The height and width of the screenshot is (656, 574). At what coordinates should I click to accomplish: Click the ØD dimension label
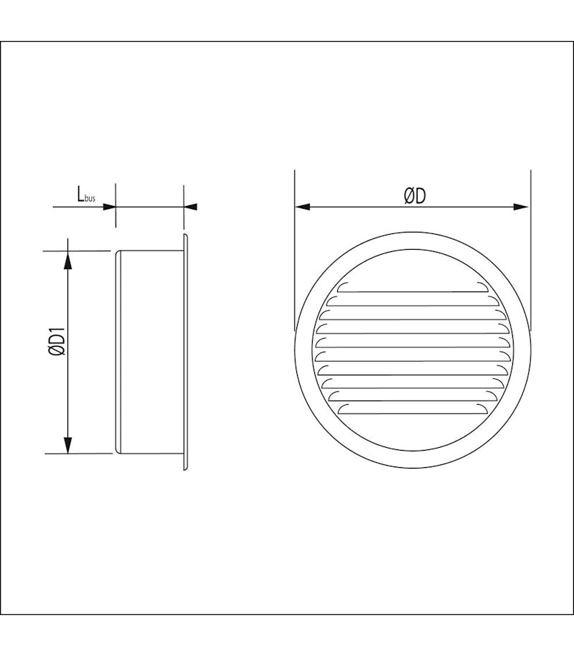[x=415, y=195]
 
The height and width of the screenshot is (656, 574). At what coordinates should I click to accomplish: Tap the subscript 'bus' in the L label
[x=90, y=198]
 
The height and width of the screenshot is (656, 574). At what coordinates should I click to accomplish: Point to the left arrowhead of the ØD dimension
[x=302, y=207]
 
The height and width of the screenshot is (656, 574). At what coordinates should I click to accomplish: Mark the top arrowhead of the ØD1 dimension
[x=68, y=258]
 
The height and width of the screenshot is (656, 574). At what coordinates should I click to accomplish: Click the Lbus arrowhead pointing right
[x=110, y=207]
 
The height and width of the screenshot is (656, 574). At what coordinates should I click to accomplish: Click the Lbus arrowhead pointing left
[x=191, y=207]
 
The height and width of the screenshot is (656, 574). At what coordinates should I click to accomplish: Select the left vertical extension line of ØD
[x=295, y=251]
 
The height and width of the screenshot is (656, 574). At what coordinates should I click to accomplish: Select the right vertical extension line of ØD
[x=531, y=251]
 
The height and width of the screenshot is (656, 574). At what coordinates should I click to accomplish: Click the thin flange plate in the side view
[x=185, y=352]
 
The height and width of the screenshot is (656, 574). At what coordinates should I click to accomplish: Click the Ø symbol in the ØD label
[x=407, y=195]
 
